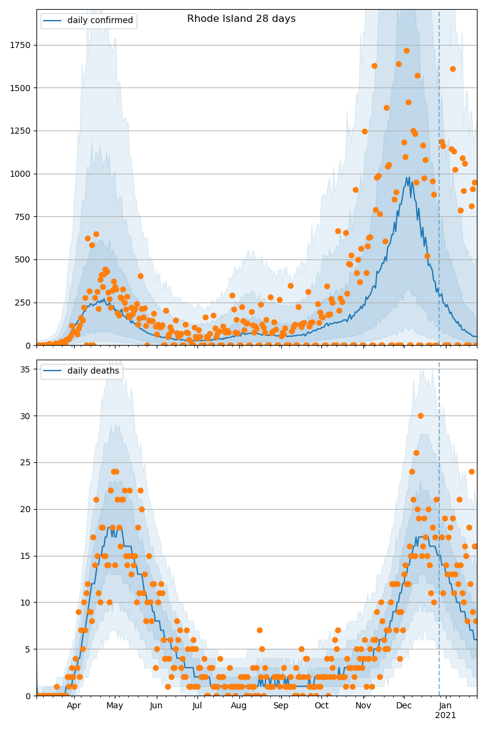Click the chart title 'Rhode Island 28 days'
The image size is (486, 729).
[x=241, y=19]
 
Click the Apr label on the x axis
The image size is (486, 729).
[x=74, y=706]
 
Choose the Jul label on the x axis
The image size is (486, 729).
[x=197, y=706]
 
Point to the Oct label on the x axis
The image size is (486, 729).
[x=321, y=706]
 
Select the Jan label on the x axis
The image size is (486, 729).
[x=445, y=706]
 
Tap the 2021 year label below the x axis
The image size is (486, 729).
[x=445, y=715]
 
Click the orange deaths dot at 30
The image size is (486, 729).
[x=420, y=416]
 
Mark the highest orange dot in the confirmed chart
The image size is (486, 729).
[x=406, y=50]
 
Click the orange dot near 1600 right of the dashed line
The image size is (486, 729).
[x=453, y=69]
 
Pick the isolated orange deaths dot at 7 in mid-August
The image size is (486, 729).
[x=259, y=630]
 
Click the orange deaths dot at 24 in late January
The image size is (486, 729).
[x=471, y=471]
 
